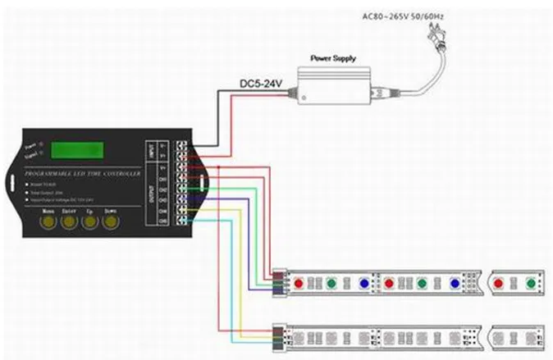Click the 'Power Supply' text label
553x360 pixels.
pos(332,59)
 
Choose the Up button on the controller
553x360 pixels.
pos(89,221)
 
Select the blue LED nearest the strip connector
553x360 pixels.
pos(363,283)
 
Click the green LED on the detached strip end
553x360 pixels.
pos(529,283)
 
